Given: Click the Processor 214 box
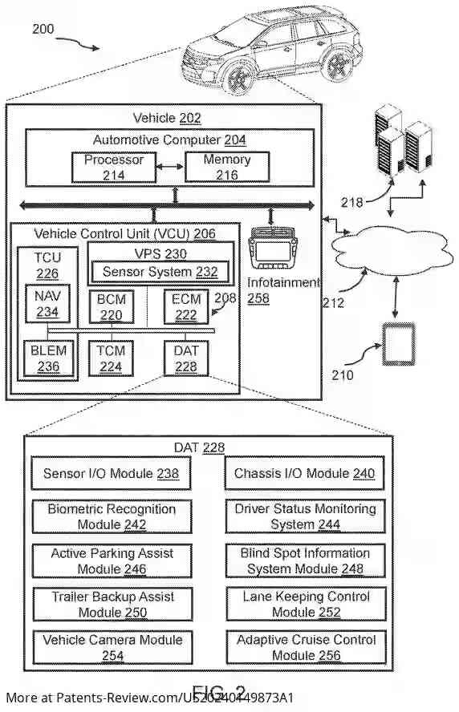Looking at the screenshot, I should click(114, 167).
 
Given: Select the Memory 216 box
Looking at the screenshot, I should click(227, 167).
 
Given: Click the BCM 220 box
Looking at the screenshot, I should click(111, 307).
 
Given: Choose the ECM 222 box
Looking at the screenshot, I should click(185, 307).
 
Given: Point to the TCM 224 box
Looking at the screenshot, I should click(111, 358).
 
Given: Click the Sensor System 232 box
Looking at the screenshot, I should click(160, 273).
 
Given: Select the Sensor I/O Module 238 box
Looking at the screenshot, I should click(111, 474).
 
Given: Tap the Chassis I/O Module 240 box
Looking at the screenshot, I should click(304, 474).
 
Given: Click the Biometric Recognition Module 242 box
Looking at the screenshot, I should click(111, 516).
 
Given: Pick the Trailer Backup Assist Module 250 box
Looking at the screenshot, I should click(111, 605).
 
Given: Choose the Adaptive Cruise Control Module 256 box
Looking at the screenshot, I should click(304, 648).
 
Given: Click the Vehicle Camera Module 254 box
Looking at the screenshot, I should click(111, 648).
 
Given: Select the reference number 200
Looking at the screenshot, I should click(43, 30).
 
